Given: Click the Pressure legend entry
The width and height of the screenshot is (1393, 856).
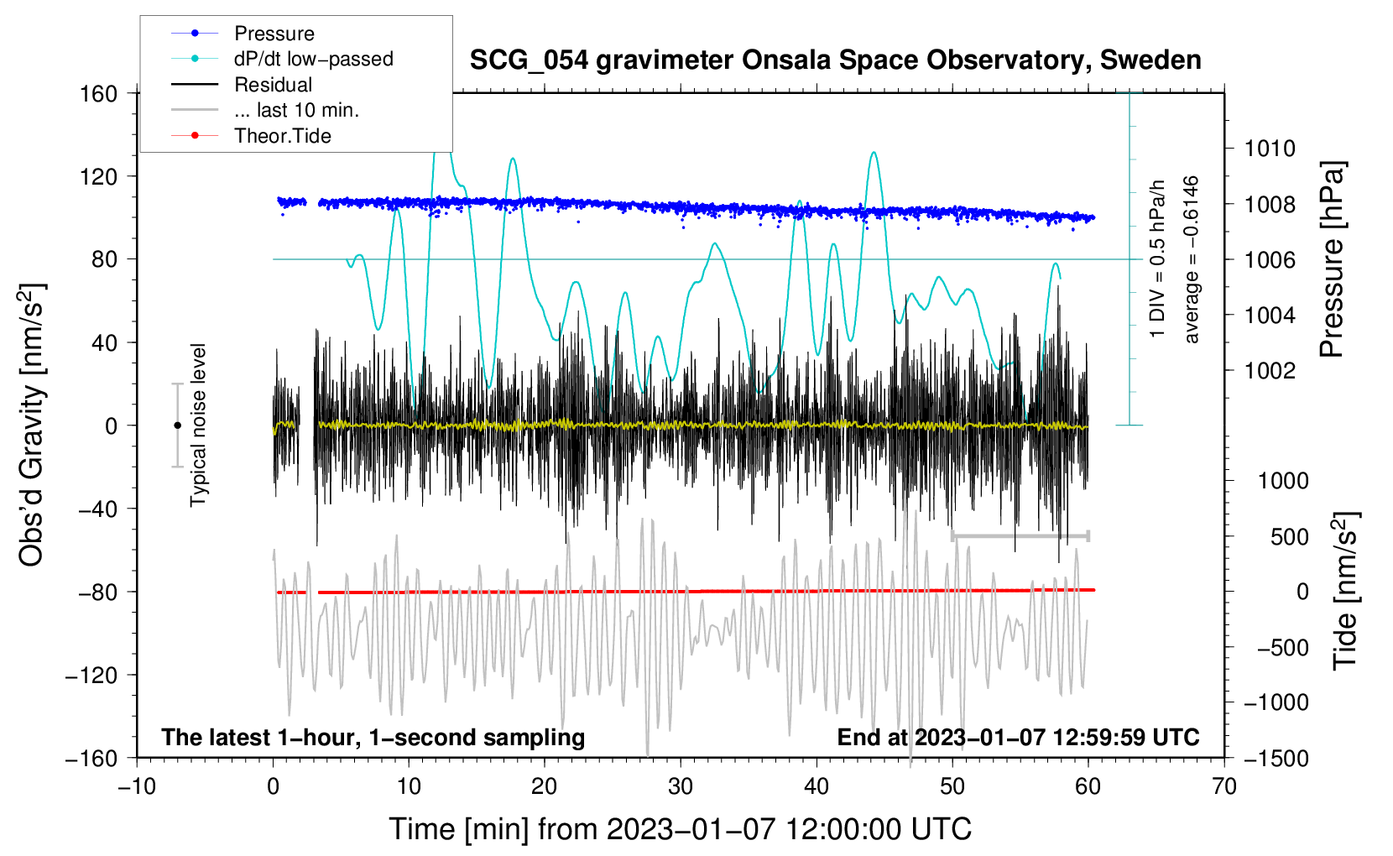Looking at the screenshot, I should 274,34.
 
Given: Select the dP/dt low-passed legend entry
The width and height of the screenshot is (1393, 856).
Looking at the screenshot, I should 313,59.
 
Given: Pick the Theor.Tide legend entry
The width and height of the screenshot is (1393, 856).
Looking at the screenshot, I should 282,136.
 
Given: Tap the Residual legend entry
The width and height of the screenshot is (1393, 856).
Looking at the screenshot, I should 273,85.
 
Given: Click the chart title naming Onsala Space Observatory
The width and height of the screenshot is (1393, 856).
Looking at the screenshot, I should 835,60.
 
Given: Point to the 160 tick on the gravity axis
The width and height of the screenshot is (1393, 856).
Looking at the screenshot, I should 99,93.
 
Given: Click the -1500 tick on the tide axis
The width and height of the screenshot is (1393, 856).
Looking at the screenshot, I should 1276,758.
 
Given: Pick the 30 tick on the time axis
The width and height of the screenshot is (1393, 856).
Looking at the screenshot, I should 681,786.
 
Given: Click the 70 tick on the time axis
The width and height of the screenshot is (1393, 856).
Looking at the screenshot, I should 1224,786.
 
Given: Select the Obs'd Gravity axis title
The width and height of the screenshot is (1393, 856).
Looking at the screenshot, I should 32,425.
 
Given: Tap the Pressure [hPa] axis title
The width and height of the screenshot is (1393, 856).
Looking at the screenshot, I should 1332,259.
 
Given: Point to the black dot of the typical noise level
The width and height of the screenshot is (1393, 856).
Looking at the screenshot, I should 177,425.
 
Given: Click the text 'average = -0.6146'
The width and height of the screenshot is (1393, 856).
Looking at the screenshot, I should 1192,259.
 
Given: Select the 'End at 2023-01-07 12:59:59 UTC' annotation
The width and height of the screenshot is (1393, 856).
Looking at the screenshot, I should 1018,738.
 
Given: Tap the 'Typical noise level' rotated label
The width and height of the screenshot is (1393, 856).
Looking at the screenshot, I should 198,425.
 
